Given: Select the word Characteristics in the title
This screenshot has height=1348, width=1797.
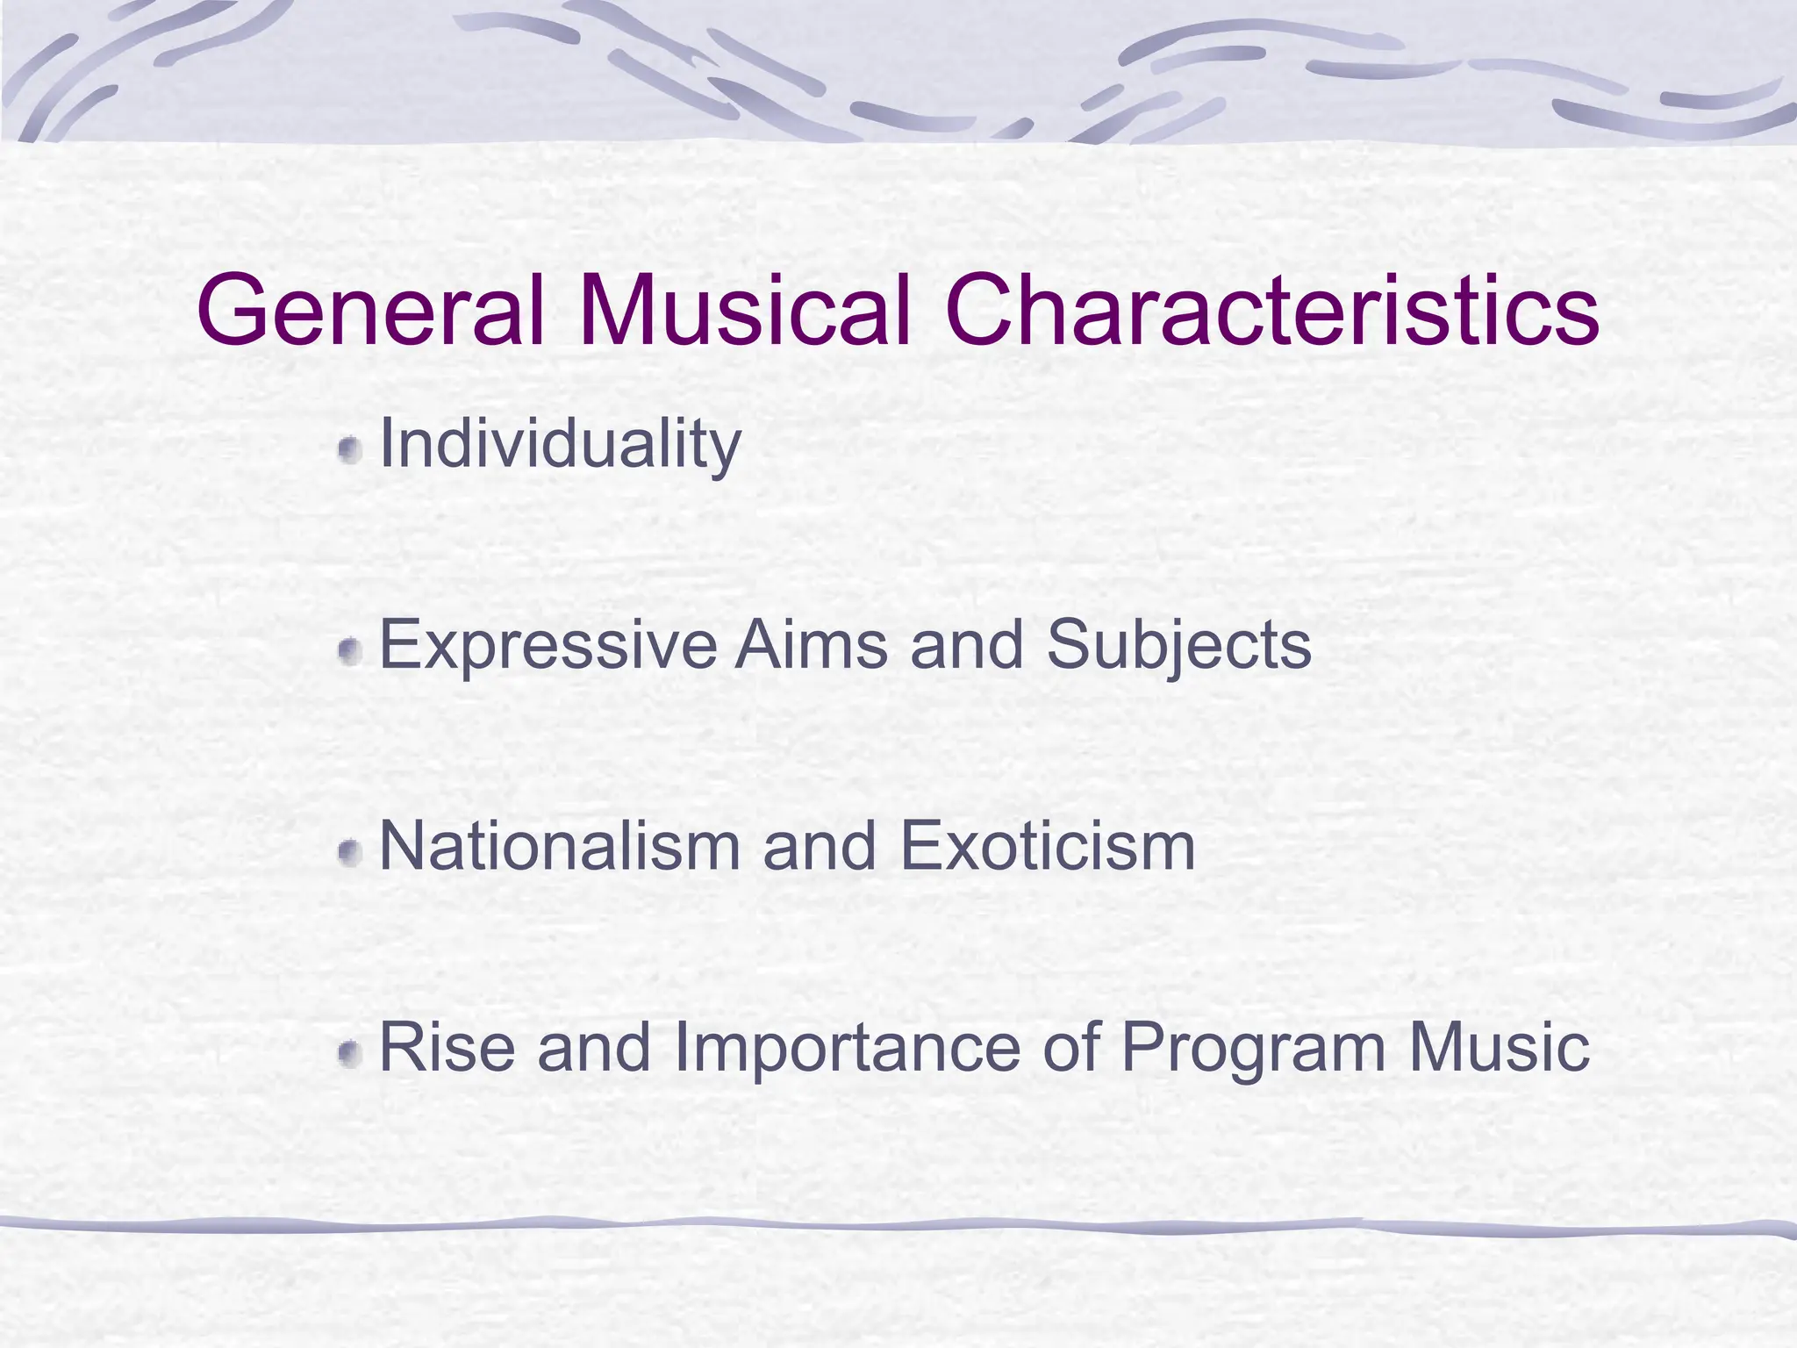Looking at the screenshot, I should click(1271, 311).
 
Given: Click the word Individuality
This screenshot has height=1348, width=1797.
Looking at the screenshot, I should click(560, 444).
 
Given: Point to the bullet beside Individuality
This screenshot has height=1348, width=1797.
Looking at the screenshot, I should click(350, 451).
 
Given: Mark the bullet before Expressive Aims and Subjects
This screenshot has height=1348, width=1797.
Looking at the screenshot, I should click(350, 652).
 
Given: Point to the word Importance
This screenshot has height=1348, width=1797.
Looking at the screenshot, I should click(847, 1050).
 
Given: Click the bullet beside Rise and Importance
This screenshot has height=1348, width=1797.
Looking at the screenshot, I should click(350, 1054).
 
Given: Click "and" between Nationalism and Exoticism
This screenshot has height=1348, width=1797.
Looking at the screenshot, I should click(820, 847).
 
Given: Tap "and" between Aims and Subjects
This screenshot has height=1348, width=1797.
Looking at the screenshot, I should click(967, 646).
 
